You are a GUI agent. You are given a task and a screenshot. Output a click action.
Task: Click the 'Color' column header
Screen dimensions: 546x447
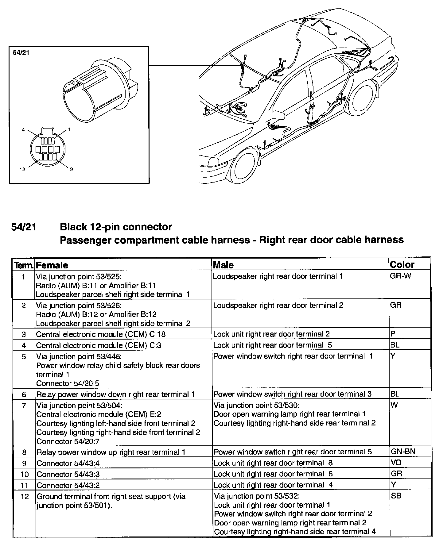point(402,264)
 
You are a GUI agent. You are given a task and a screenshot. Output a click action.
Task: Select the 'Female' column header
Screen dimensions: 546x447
point(52,265)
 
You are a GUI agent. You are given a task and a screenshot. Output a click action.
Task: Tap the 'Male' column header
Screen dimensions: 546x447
point(223,265)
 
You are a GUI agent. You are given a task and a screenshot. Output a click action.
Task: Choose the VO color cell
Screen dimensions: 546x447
point(396,463)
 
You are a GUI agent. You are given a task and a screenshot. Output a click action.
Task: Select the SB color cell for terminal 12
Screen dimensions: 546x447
point(396,496)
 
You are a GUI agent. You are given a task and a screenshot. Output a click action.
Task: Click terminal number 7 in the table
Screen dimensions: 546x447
point(24,406)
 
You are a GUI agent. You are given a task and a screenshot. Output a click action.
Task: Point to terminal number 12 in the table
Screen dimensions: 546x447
point(24,496)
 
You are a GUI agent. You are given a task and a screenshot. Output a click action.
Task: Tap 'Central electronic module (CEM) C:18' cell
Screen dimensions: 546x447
point(101,334)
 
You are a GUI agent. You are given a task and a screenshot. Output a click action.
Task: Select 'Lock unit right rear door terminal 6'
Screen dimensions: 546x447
point(273,474)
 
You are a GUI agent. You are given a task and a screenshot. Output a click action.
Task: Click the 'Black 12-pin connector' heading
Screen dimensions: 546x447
point(116,227)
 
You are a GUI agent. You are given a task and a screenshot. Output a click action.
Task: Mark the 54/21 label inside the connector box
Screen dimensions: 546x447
point(21,52)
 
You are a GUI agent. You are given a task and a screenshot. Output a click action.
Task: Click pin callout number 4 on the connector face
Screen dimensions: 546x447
point(23,130)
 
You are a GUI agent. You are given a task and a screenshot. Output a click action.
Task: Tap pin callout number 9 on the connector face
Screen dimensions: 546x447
point(71,169)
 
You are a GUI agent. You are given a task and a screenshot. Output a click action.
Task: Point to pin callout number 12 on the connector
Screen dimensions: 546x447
point(22,169)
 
